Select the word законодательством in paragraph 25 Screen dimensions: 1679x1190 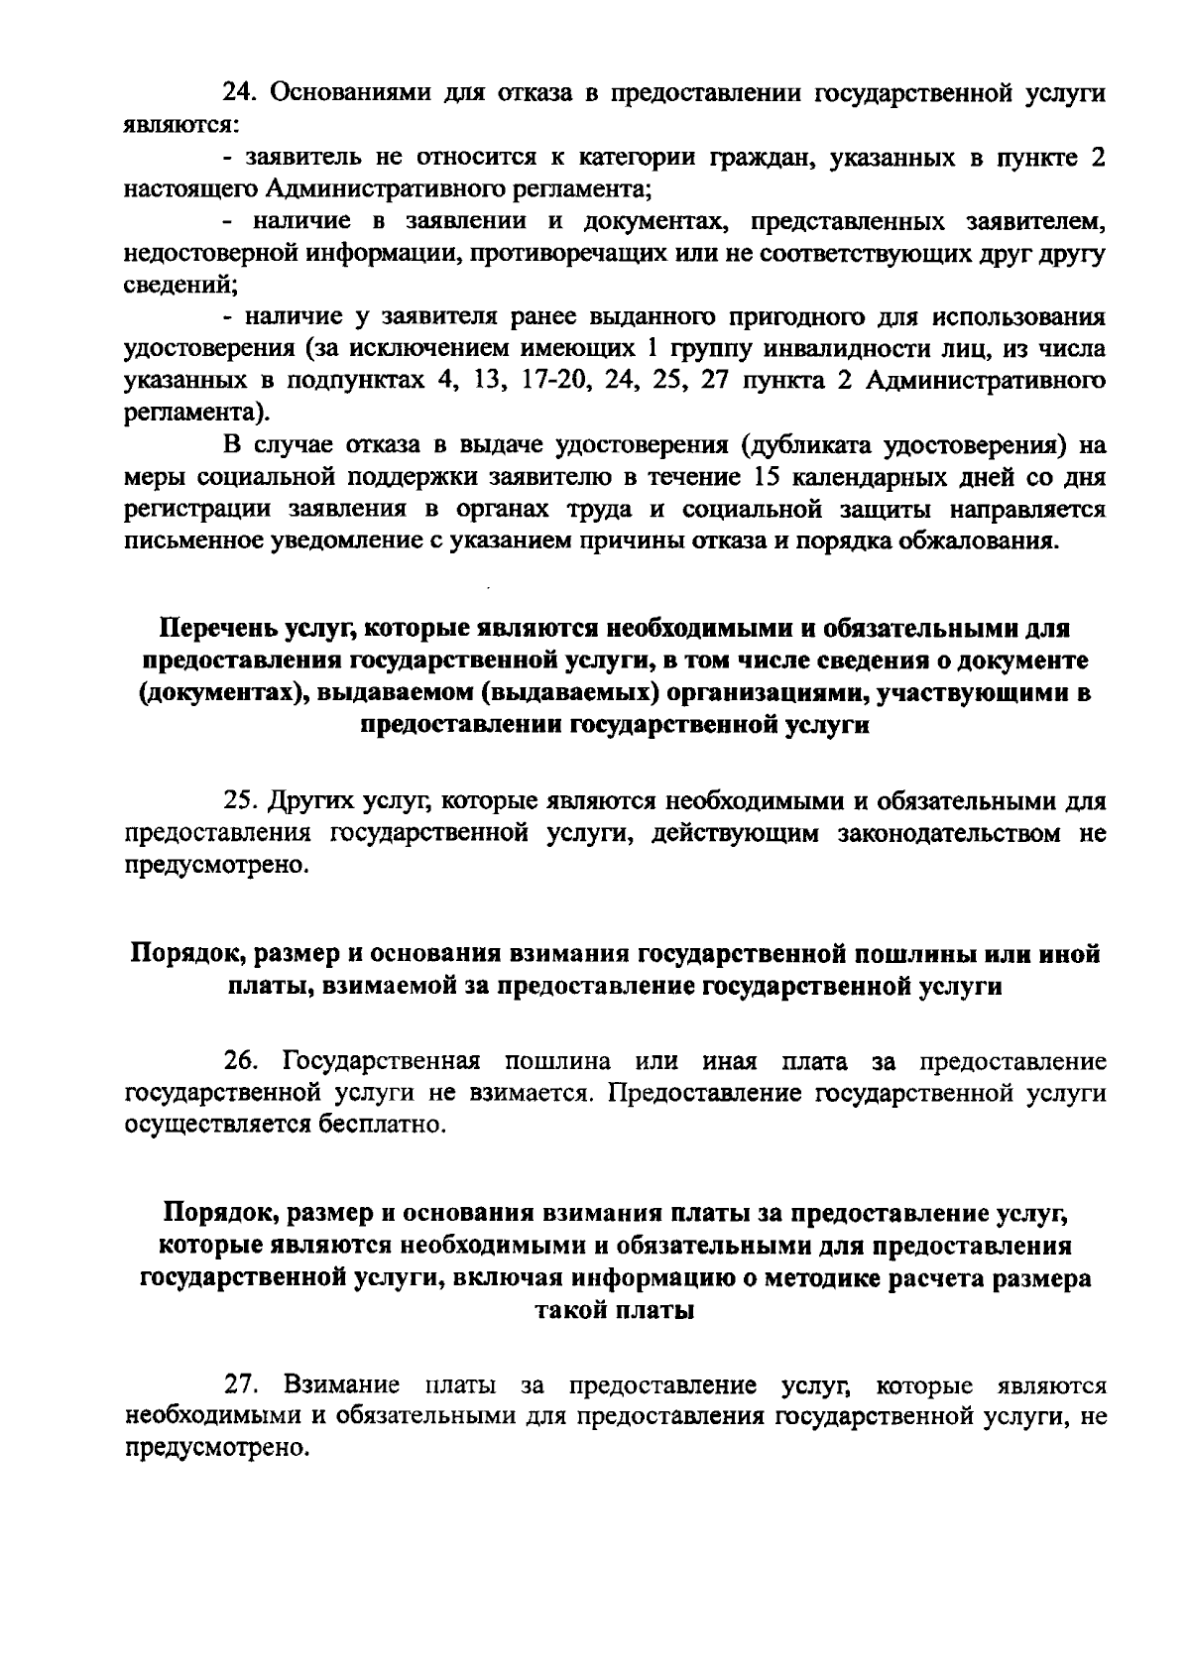pos(946,833)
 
